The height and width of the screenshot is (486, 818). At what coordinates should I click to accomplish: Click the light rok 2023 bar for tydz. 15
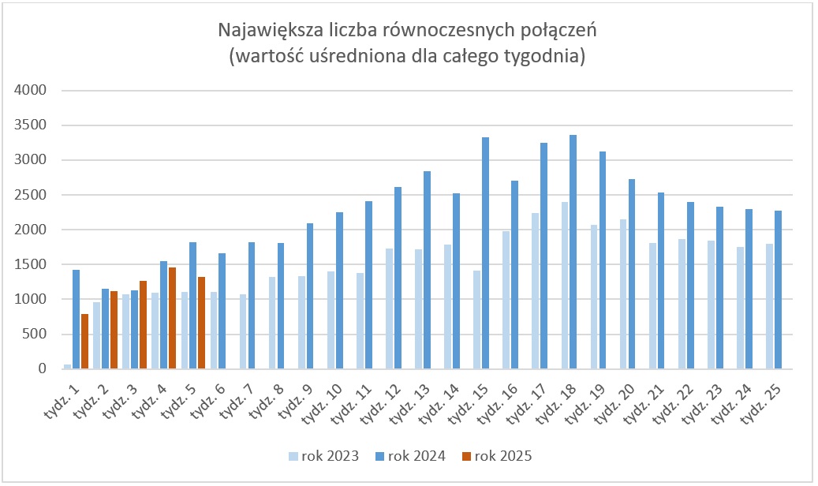[x=477, y=320]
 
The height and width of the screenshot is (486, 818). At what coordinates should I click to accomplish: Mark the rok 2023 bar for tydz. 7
[x=244, y=331]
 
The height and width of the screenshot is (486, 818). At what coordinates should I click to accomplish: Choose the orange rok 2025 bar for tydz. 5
[x=201, y=323]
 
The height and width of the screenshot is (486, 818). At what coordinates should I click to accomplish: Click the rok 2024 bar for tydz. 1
[x=76, y=319]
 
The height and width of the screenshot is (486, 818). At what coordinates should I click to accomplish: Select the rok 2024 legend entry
[x=411, y=455]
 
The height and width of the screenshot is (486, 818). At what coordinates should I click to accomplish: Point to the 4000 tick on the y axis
[x=32, y=91]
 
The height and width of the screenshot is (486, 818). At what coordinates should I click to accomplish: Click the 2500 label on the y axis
[x=32, y=195]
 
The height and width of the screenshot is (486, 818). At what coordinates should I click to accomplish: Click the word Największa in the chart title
[x=263, y=32]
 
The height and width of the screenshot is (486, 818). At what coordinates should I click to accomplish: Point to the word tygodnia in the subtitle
[x=543, y=57]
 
